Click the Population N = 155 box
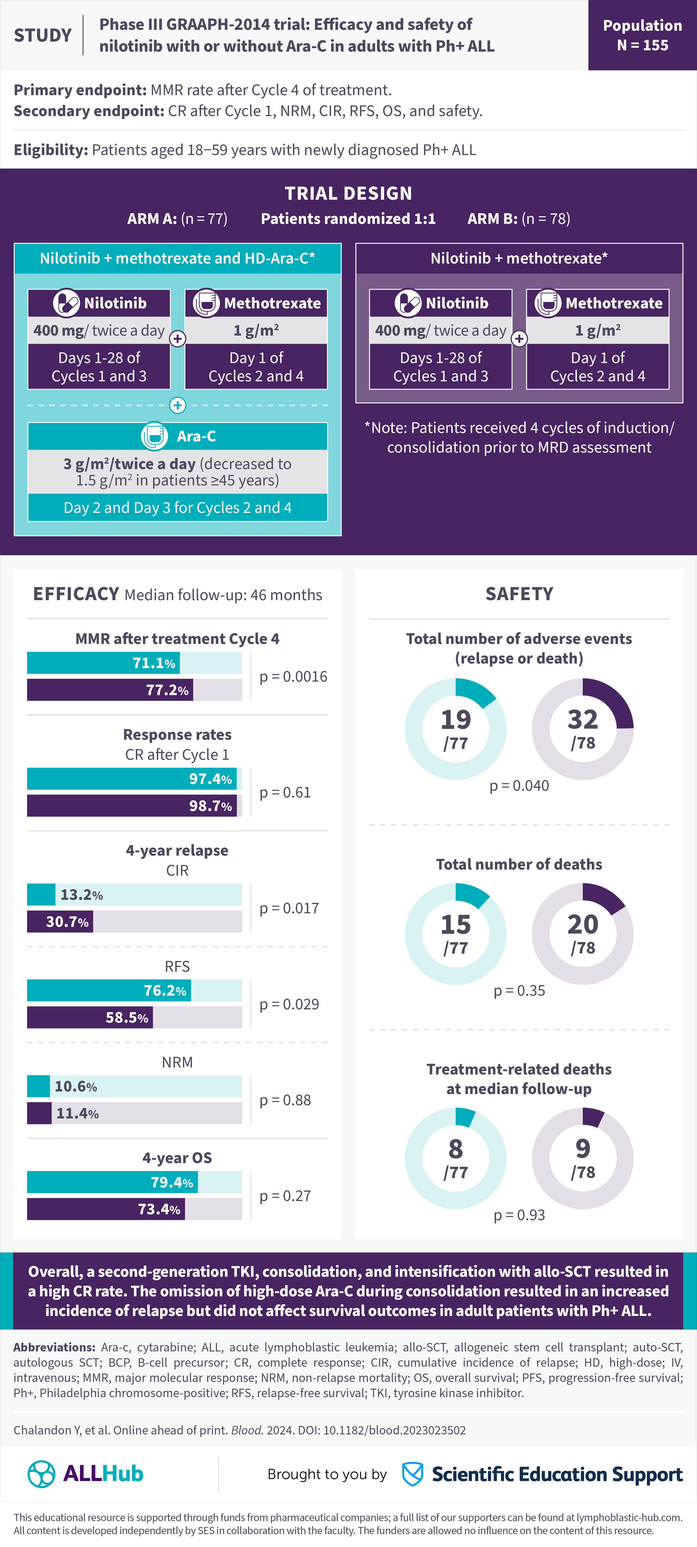pos(642,35)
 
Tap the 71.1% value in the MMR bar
pos(154,663)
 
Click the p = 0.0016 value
pos(293,677)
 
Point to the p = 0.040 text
pos(519,785)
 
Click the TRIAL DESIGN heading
pos(348,193)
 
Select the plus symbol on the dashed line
pos(177,405)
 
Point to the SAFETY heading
pos(519,594)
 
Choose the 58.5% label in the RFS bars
pos(127,1017)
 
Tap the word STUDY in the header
pos(43,35)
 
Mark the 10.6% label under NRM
pos(76,1086)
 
